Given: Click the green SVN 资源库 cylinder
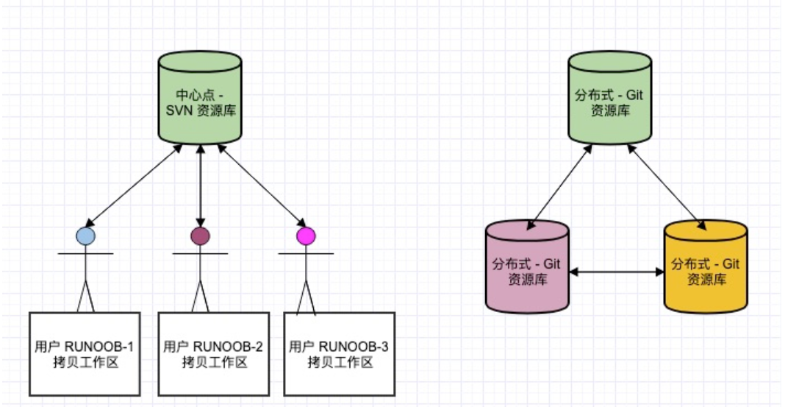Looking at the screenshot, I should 200,103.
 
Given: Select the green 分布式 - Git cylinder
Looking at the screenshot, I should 609,103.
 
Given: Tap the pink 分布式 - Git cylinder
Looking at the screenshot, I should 527,269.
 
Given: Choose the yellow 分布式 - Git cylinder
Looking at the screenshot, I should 706,269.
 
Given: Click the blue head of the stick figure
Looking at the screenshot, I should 86,236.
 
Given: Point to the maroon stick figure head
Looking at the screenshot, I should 200,236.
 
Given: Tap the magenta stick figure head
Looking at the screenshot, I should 305,236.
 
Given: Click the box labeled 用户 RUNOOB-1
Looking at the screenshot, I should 85,353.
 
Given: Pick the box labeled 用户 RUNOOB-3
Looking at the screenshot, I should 339,353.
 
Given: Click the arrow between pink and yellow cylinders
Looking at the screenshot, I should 617,272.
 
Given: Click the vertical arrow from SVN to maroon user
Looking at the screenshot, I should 201,184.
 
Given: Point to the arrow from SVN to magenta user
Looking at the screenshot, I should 261,185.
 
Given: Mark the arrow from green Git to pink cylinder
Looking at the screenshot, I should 561,184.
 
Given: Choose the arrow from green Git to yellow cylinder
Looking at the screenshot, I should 665,184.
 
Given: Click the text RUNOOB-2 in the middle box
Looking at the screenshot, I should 229,346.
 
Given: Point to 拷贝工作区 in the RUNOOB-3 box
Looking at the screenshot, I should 339,362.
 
